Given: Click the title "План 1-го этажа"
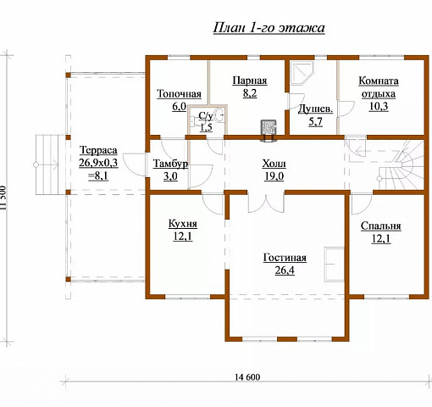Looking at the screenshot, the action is pos(269,28).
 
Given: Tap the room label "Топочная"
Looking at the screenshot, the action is pos(179,94).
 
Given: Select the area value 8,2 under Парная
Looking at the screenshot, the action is pos(250,93).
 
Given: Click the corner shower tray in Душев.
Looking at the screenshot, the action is pos(302,74).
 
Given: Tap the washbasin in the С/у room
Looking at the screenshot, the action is pos(219,115).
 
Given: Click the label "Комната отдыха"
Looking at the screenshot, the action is pos(379,87).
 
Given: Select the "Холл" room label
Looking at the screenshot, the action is pos(274,164).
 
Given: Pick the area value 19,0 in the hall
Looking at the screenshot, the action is pos(274,176).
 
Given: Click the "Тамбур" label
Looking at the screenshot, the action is pos(170,164).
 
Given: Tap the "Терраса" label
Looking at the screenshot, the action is pos(98,150).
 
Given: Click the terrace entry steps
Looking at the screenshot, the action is pos(47,164).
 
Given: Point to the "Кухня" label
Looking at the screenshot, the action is pos(183,224).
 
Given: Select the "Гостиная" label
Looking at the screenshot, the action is pos(285,258).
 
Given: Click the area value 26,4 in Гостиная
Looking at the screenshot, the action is pos(285,270).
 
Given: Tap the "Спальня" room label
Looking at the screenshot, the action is pos(380,226).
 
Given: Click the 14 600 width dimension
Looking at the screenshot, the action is pos(247,377).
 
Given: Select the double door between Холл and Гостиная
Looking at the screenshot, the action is pos(266,203).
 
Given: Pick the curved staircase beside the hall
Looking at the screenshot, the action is pos(402,165).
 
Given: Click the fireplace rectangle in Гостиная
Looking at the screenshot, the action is pos(334,265).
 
